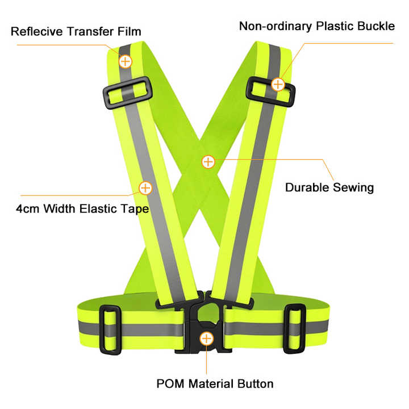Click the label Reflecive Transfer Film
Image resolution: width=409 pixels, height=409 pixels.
(76, 31)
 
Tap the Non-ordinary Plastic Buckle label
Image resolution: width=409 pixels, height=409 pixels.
(316, 26)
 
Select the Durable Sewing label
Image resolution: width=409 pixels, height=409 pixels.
(329, 187)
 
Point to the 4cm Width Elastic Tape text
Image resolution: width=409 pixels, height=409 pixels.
(82, 208)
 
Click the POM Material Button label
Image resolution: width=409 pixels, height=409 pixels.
(215, 383)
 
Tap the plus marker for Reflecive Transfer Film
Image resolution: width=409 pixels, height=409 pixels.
(124, 60)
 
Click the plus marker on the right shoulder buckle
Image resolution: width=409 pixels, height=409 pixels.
(278, 85)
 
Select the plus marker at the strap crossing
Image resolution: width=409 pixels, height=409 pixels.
(208, 161)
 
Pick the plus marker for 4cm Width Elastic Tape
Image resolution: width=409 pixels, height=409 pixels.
(145, 187)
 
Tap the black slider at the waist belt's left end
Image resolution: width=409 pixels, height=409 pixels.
(110, 328)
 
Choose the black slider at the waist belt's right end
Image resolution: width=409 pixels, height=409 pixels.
(295, 328)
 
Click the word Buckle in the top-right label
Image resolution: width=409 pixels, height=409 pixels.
(374, 26)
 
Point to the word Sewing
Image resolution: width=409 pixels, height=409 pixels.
(353, 187)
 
